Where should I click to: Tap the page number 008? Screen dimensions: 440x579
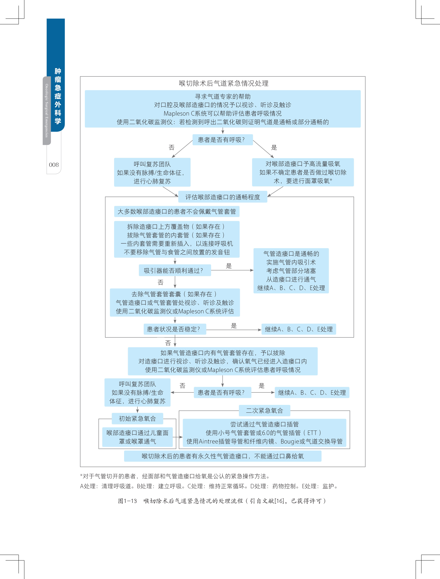pos(54,165)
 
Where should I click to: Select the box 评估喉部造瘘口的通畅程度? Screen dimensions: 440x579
pos(222,197)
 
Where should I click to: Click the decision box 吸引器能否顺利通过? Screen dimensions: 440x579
pos(175,271)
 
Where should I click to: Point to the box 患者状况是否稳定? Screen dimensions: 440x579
pos(175,329)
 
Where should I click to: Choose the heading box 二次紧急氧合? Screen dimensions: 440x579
pos(264,410)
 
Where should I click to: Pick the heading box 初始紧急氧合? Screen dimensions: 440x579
pos(137,419)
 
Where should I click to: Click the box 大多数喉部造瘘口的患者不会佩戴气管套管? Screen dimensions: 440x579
pos(177,212)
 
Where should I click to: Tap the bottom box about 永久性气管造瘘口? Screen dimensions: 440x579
pos(222,456)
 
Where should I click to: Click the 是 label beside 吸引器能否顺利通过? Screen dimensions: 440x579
pos(229,266)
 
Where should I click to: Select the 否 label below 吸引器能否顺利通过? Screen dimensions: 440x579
pos(160,282)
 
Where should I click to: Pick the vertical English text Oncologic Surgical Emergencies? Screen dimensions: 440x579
pos(47,110)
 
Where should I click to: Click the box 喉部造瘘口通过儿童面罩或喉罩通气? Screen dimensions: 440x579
pos(137,437)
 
